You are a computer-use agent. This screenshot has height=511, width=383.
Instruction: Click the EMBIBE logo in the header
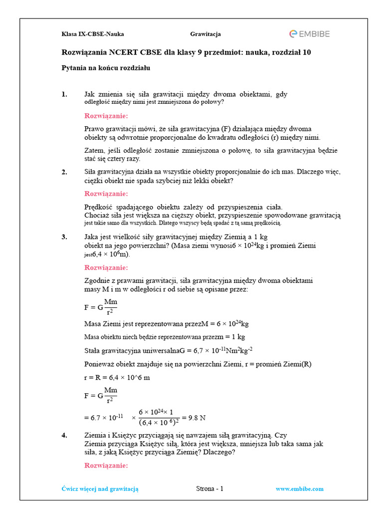(x=309, y=34)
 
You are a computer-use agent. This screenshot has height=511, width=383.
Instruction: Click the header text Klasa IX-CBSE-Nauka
(x=92, y=34)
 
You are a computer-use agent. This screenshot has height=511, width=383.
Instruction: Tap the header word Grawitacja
(x=205, y=34)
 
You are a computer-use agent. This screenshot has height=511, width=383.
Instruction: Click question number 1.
(x=64, y=94)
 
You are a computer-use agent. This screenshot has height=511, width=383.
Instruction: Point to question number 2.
(x=64, y=172)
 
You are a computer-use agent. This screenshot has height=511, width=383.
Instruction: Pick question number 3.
(x=64, y=237)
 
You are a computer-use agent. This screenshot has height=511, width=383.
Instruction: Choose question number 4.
(x=64, y=435)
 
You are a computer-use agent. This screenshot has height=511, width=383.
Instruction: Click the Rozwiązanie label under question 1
(x=106, y=116)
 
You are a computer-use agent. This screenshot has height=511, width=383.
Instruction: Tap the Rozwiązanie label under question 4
(x=106, y=466)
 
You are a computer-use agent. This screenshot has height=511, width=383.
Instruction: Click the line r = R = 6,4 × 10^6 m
(x=117, y=377)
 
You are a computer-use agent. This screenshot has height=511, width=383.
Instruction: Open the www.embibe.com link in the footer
(x=299, y=489)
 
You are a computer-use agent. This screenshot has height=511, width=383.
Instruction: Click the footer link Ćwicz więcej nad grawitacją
(x=100, y=489)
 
